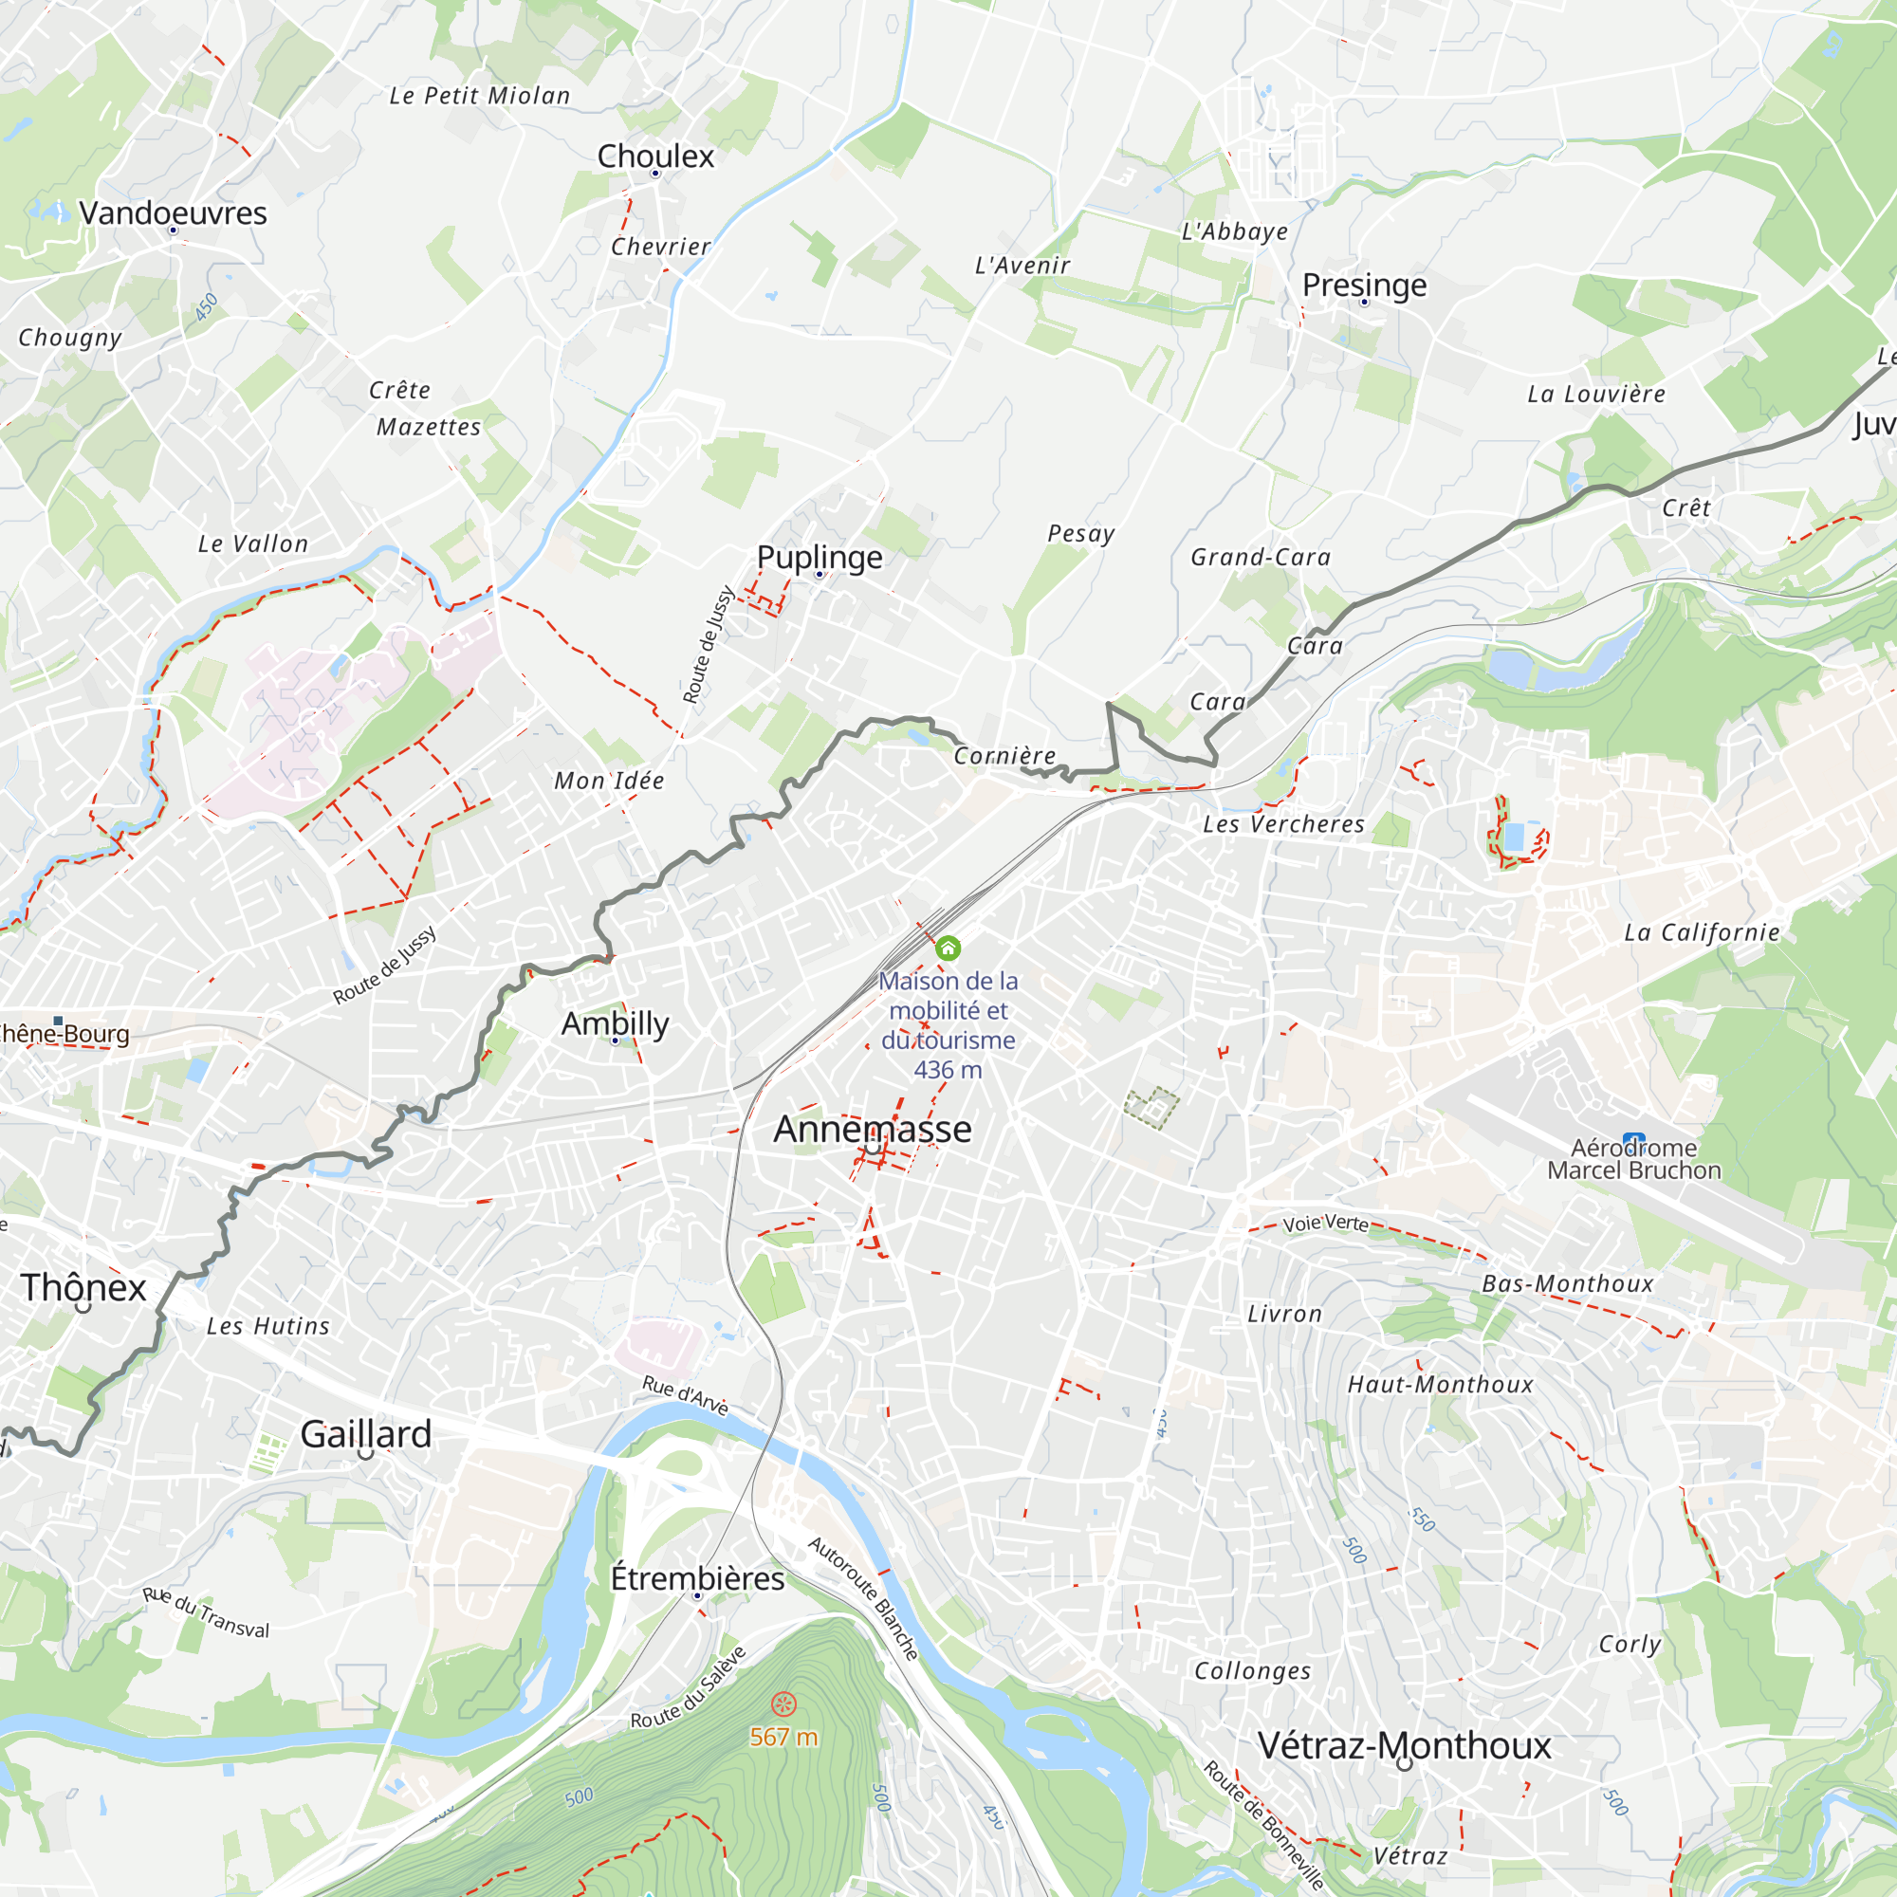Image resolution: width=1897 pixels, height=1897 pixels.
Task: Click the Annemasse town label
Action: click(x=872, y=1129)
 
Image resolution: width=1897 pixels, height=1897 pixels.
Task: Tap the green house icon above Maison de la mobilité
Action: click(x=948, y=948)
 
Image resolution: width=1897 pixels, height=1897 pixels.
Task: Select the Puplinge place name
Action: click(x=819, y=557)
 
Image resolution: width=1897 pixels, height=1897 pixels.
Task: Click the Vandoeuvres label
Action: click(x=173, y=213)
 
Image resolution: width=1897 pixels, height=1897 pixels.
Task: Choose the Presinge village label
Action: click(x=1364, y=285)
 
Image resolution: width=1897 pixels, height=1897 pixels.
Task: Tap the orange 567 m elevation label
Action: click(x=783, y=1737)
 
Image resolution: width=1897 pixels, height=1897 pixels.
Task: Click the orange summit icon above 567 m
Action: click(x=783, y=1704)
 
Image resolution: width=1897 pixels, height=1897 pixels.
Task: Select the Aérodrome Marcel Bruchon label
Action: click(x=1634, y=1160)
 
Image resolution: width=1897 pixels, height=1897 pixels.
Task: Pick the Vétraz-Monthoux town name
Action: click(x=1404, y=1746)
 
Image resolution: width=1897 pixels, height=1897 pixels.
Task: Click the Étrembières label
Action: click(x=697, y=1578)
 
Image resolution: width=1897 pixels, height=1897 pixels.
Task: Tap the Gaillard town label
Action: click(x=365, y=1433)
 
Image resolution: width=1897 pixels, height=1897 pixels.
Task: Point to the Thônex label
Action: click(x=83, y=1287)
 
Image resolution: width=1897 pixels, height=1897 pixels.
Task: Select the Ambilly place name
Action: click(x=615, y=1023)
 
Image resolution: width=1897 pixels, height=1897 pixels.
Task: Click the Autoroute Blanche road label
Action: click(x=863, y=1598)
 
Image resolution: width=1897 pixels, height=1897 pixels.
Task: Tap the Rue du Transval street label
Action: click(x=206, y=1612)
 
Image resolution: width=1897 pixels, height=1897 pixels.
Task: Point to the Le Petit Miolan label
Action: click(x=479, y=96)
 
